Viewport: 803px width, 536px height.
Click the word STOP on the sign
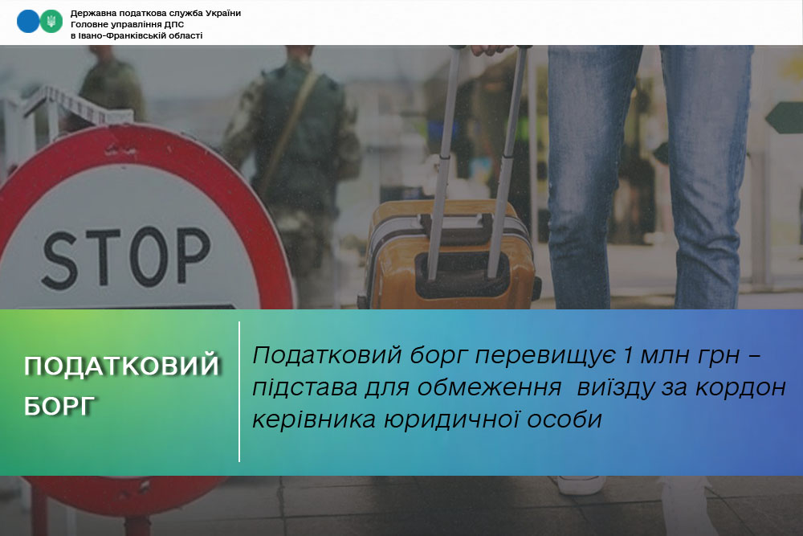point(126,257)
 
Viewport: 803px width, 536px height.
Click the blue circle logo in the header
point(27,22)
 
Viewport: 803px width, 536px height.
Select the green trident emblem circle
point(51,22)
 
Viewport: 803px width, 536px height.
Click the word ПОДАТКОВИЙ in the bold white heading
point(122,366)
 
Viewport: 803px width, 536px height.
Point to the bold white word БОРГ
point(59,407)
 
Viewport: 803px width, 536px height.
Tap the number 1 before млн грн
point(626,355)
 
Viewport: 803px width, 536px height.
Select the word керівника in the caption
point(313,419)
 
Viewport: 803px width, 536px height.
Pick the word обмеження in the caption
point(489,387)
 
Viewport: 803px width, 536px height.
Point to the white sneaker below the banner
point(581,485)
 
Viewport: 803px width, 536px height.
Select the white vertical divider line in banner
point(239,391)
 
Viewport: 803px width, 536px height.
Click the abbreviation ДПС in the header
point(174,25)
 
